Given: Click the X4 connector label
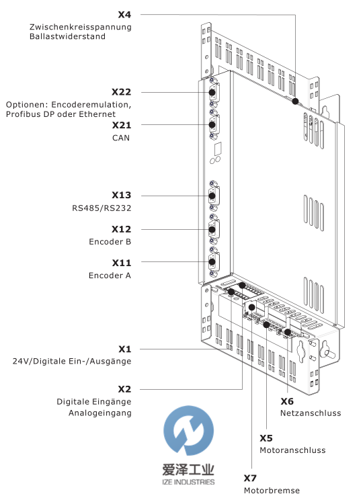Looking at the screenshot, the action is [124, 15].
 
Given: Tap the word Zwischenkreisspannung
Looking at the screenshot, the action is [81, 27].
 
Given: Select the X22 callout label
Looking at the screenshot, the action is [121, 92].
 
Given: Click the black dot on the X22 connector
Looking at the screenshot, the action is [212, 93].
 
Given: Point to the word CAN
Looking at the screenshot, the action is [121, 138].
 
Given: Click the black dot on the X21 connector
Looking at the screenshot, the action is [212, 124].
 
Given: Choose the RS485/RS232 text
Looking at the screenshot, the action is [102, 208].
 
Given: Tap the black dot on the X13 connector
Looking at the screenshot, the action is [212, 196].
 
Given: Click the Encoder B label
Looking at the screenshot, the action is [110, 242].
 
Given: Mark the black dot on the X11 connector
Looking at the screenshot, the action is [212, 262].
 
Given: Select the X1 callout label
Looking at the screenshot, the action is [125, 349].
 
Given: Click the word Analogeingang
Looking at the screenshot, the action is [100, 413].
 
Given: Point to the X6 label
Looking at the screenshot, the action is [287, 401].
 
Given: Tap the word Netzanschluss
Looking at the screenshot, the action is [311, 413].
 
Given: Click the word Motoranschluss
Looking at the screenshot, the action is [292, 450].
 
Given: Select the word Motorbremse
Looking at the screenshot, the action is [272, 491].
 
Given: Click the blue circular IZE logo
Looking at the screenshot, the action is [189, 430].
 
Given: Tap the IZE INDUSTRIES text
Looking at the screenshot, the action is [188, 482].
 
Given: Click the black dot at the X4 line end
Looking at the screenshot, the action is [295, 101].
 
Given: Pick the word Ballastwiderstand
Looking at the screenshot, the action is [67, 36].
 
